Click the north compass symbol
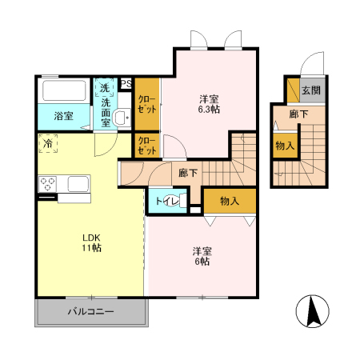312,311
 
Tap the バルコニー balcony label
91,311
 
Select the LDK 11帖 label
91,242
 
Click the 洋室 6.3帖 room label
209,104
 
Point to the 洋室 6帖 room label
202,256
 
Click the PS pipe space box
126,84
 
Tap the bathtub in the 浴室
64,90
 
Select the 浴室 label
63,116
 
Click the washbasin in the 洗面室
122,117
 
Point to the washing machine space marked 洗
104,87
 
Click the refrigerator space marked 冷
48,143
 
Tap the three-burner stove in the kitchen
47,184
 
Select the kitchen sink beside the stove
78,183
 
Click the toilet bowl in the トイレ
174,201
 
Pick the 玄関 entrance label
311,90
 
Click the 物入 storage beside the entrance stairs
285,146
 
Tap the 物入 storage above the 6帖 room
230,201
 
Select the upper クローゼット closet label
147,104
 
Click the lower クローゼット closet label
147,146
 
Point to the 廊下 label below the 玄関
298,114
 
